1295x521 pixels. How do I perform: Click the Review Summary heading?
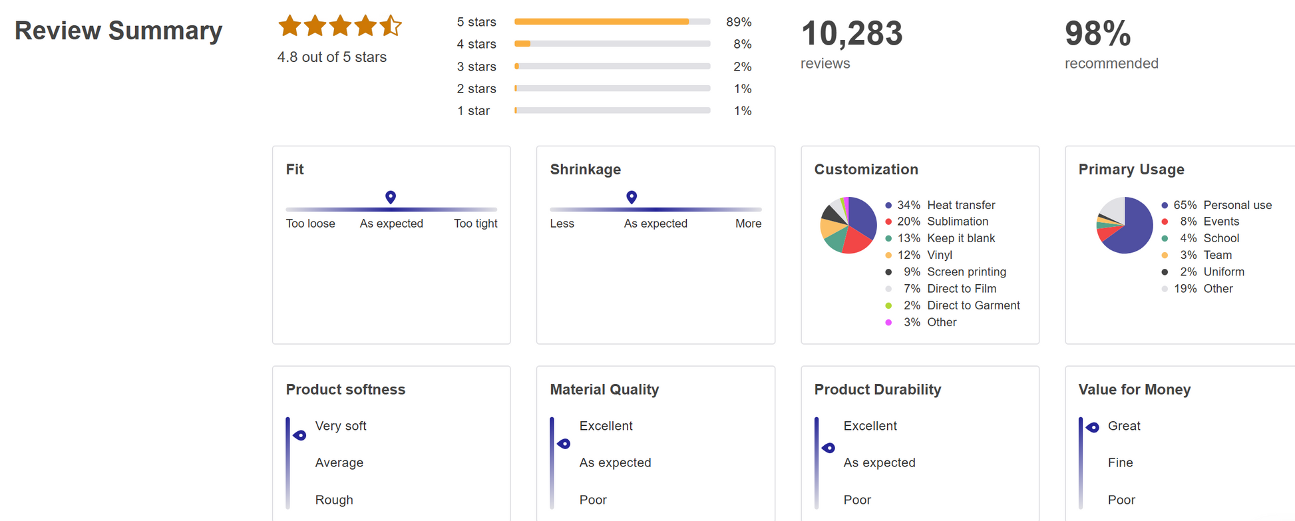pos(118,31)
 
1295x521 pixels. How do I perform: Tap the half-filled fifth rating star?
pos(391,26)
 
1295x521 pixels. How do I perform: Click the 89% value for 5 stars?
pos(739,22)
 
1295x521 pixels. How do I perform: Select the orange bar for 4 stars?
pos(523,44)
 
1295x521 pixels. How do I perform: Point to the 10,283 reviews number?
pos(852,33)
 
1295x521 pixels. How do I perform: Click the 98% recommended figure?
pos(1097,33)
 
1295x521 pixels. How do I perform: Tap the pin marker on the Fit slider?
pos(391,197)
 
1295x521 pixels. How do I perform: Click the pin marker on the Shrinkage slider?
pos(632,197)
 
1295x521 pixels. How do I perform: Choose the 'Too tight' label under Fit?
pos(475,224)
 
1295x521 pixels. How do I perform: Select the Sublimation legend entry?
pos(957,222)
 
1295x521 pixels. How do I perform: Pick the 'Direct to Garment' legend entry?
pos(973,305)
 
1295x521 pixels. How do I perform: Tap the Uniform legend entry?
pos(1223,271)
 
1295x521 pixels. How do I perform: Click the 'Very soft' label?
pos(341,426)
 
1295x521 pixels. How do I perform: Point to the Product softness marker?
pos(300,435)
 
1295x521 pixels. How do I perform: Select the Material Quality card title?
pos(604,389)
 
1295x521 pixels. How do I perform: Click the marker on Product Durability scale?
pos(829,448)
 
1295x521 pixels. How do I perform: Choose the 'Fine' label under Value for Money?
pos(1120,462)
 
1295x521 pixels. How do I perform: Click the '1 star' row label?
pos(473,111)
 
